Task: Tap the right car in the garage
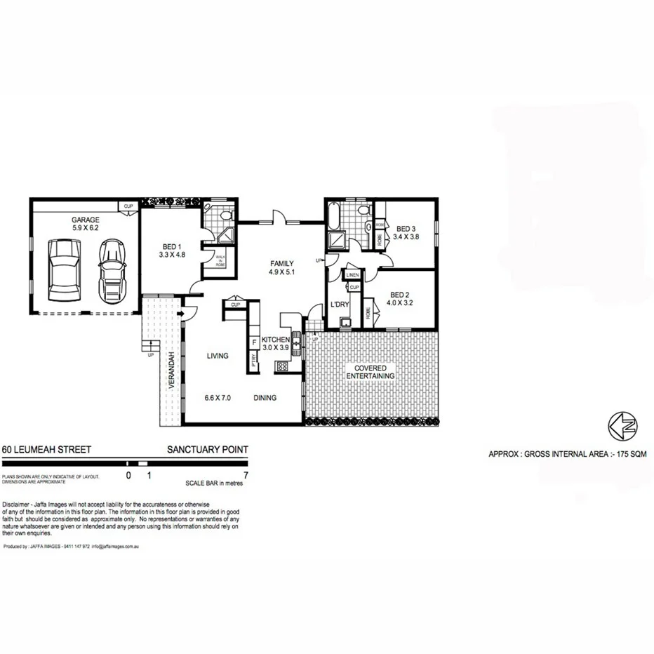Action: click(x=111, y=268)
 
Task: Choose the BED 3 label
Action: click(x=406, y=233)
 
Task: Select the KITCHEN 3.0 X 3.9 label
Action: click(x=276, y=343)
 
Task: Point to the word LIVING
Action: click(x=218, y=356)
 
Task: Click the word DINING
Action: click(x=265, y=398)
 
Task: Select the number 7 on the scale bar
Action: click(x=243, y=474)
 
